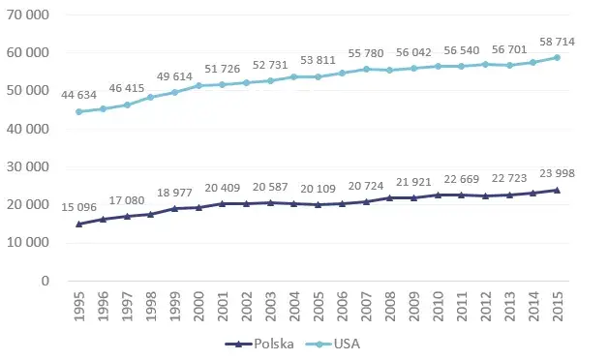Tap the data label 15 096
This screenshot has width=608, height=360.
(78, 207)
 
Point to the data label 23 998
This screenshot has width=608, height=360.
(557, 175)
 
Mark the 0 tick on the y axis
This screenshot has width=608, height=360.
(46, 282)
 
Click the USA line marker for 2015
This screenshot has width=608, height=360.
(557, 57)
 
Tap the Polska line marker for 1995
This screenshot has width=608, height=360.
(78, 224)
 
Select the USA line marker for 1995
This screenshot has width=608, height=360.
(78, 111)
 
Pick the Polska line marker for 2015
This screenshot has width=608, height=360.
(557, 190)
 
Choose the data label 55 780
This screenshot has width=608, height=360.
(413, 53)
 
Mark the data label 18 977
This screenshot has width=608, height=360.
(174, 192)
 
